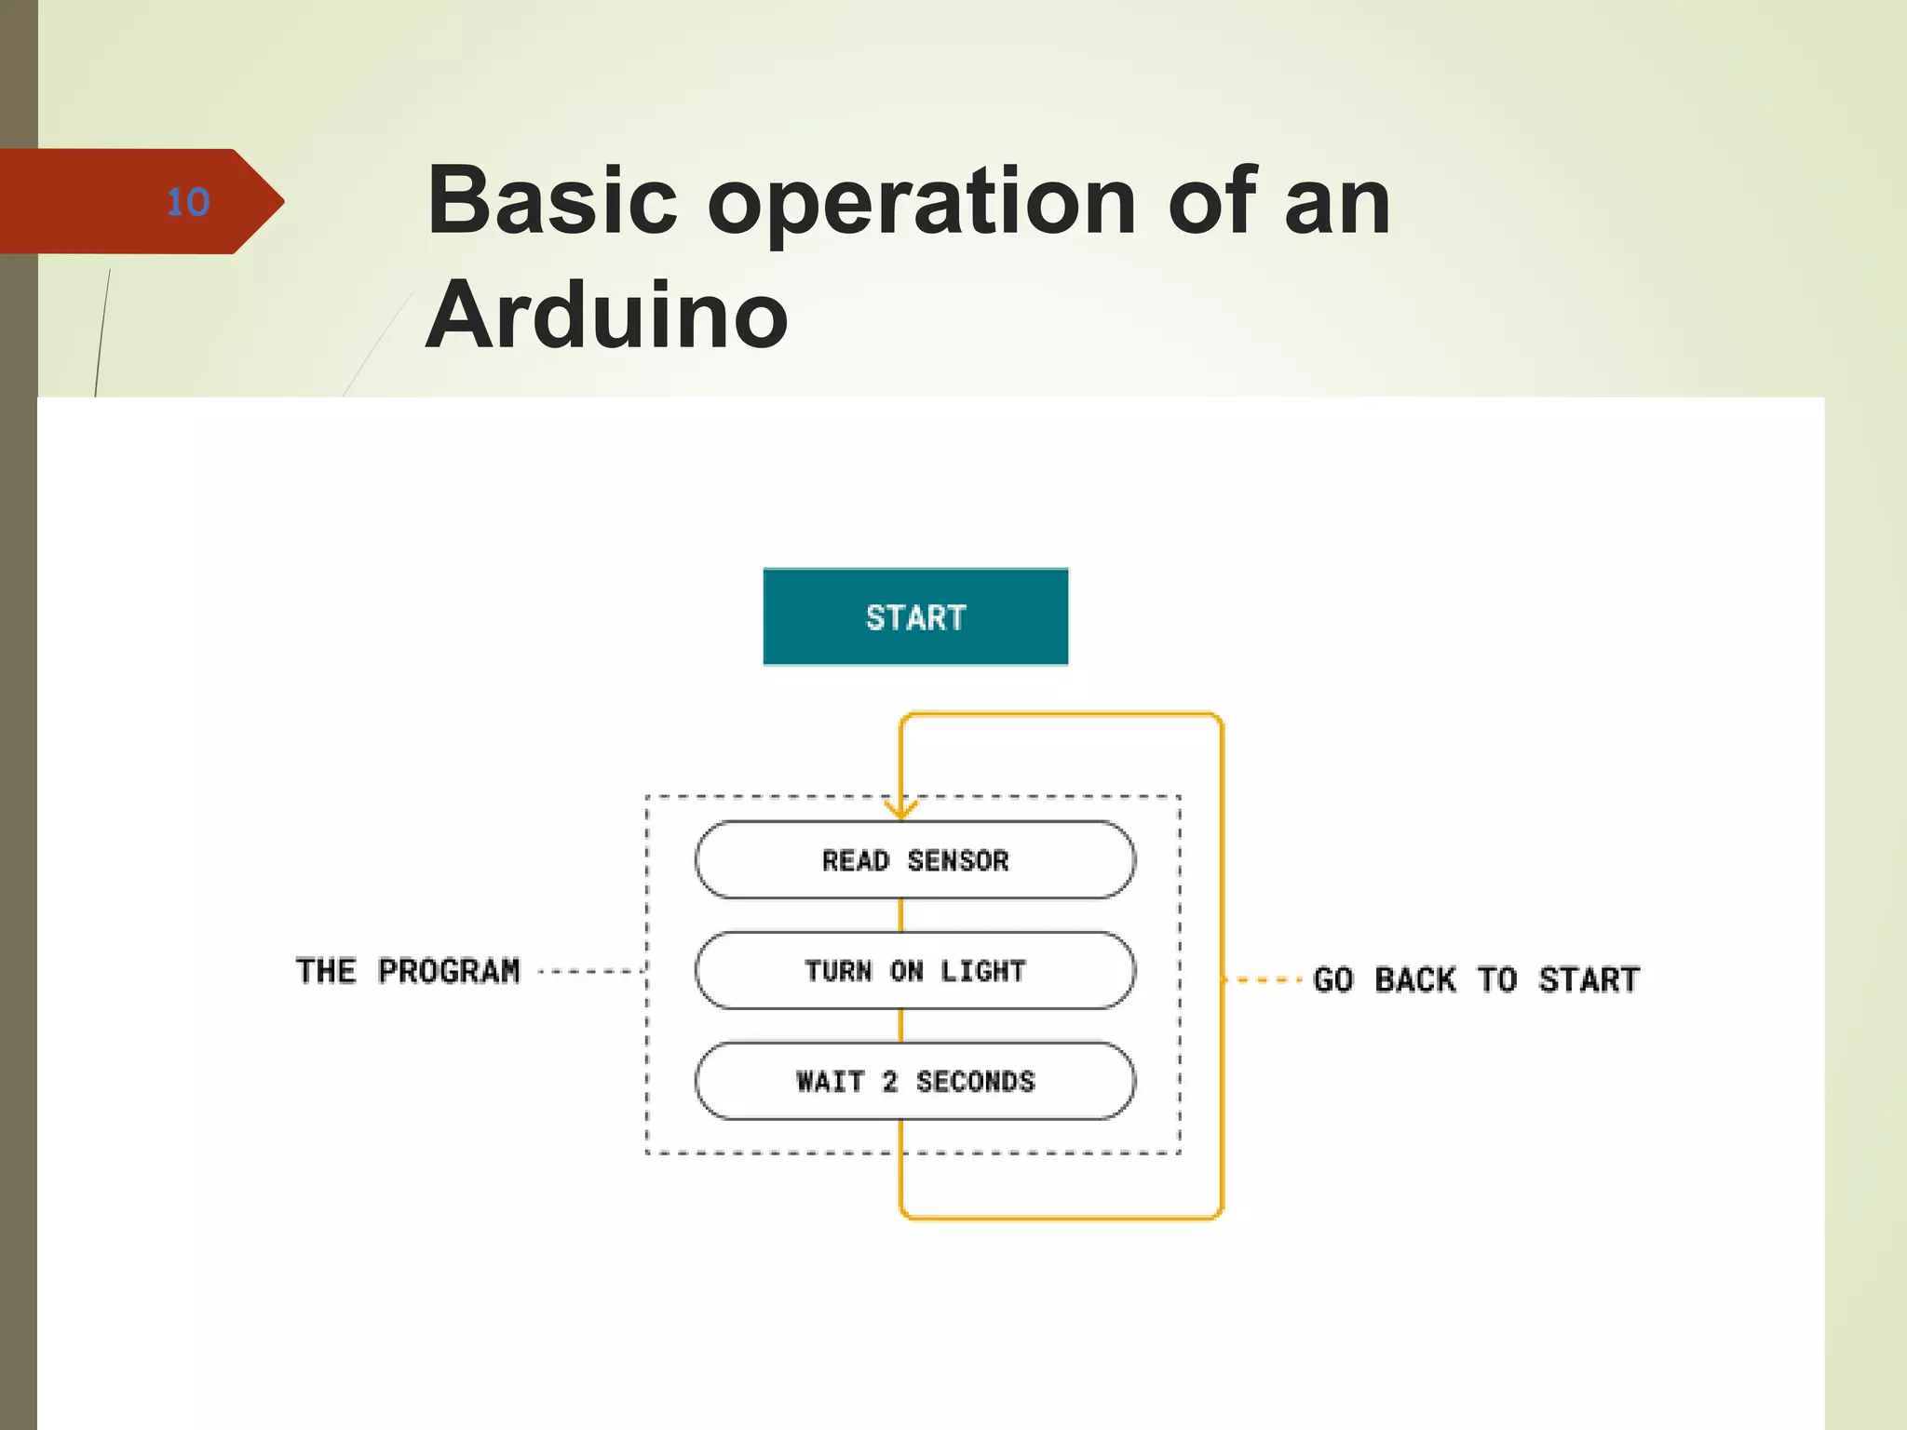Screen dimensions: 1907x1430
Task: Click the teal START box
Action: [x=915, y=617]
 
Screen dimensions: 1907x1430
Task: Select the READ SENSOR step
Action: [x=915, y=860]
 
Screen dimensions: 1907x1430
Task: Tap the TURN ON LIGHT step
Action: [x=915, y=971]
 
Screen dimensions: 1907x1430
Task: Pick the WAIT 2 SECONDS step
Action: [x=915, y=1082]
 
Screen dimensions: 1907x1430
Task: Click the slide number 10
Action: [x=188, y=202]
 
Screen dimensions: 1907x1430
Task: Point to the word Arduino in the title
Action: [x=607, y=316]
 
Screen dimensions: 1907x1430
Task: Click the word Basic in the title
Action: [x=552, y=200]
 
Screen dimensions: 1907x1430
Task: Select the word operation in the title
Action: [x=922, y=202]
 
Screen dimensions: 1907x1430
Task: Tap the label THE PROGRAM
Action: [x=408, y=971]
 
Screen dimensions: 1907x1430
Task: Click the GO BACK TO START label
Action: [x=1476, y=979]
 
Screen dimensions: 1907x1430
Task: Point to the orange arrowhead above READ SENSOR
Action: [x=900, y=808]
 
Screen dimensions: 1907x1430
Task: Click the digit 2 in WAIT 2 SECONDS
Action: [x=890, y=1082]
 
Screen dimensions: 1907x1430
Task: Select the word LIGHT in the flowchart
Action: [x=982, y=971]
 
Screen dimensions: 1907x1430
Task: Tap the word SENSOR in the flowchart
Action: [x=958, y=860]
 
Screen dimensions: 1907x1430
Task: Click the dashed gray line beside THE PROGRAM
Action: [x=591, y=971]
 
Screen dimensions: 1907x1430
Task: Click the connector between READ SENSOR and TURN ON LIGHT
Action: [x=900, y=915]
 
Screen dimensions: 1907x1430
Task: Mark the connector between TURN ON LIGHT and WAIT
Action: [x=900, y=1026]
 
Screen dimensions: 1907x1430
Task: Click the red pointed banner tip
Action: [x=270, y=201]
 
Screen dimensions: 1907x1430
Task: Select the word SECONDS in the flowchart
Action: [x=975, y=1082]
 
